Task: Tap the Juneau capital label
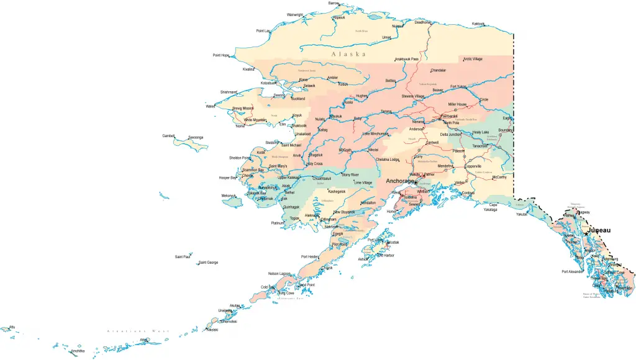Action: pyautogui.click(x=597, y=230)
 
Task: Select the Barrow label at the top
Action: pyautogui.click(x=334, y=3)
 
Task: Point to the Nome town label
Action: pyautogui.click(x=240, y=127)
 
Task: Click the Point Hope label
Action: pyautogui.click(x=221, y=55)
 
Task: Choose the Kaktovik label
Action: pyautogui.click(x=478, y=24)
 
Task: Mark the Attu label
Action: pyautogui.click(x=11, y=326)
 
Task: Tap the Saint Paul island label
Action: pyautogui.click(x=183, y=256)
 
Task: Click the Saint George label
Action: pyautogui.click(x=208, y=263)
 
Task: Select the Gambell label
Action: pyautogui.click(x=168, y=135)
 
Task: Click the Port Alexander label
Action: pyautogui.click(x=573, y=271)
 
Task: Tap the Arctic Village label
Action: pyautogui.click(x=473, y=59)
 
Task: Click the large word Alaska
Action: pyautogui.click(x=348, y=54)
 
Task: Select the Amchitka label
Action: pyautogui.click(x=78, y=351)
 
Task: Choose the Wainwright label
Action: pyautogui.click(x=295, y=14)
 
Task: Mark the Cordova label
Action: pyautogui.click(x=468, y=192)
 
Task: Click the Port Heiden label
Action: pyautogui.click(x=310, y=256)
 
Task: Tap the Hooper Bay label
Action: pyautogui.click(x=228, y=178)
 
